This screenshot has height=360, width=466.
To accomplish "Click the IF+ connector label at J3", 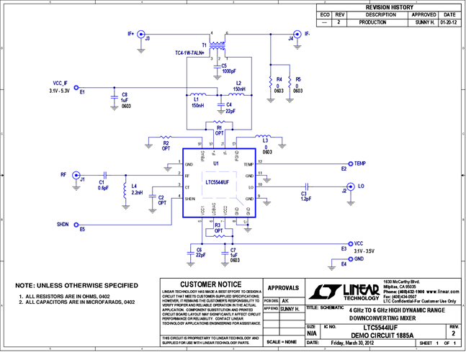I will (x=131, y=33).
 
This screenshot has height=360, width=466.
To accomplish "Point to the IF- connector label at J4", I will (x=307, y=33).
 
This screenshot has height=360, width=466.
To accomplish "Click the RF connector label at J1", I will (x=64, y=174).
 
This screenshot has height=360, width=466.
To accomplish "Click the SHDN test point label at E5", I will (x=63, y=225).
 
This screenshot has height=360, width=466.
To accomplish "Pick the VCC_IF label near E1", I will (x=56, y=84).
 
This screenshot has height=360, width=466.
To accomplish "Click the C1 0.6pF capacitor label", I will (x=102, y=184).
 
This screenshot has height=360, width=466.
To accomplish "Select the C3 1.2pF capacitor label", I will (x=304, y=196).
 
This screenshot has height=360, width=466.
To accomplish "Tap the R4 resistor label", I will (x=279, y=81).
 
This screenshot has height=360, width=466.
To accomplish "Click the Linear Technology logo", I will (x=344, y=290).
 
